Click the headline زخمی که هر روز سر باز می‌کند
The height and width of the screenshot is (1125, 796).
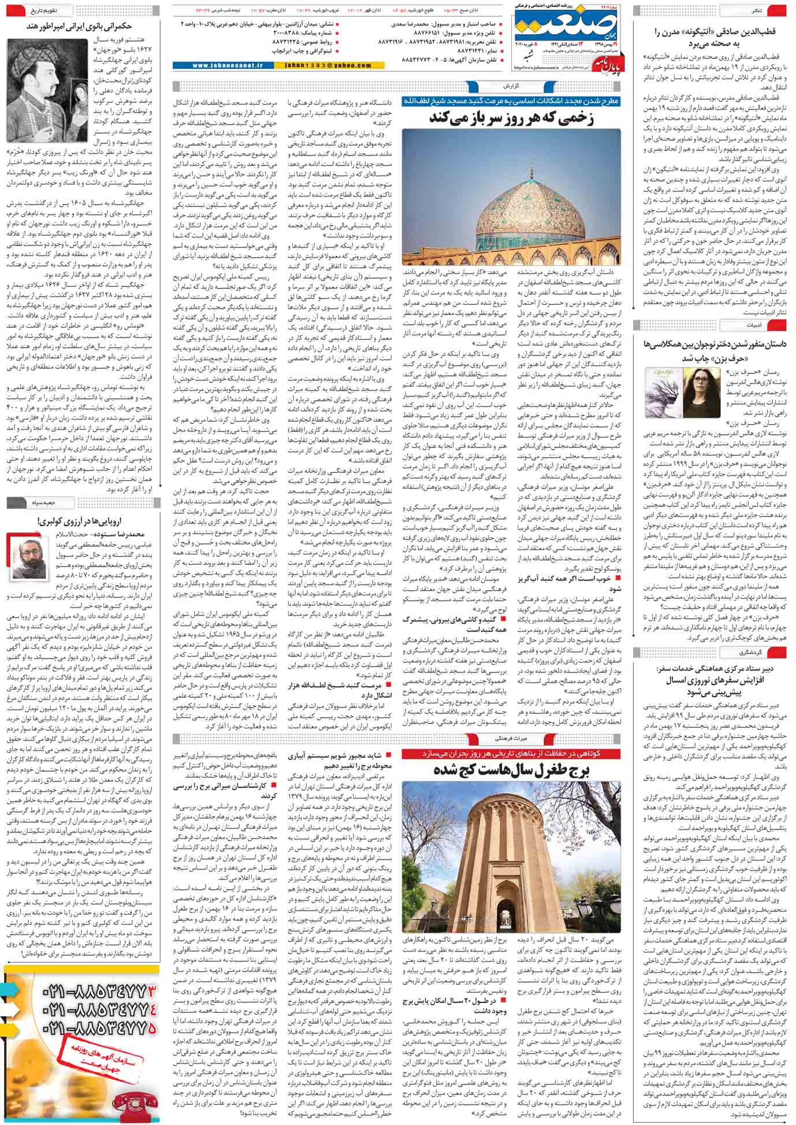tap(511, 119)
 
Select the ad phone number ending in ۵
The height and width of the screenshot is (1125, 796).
tap(98, 1028)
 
